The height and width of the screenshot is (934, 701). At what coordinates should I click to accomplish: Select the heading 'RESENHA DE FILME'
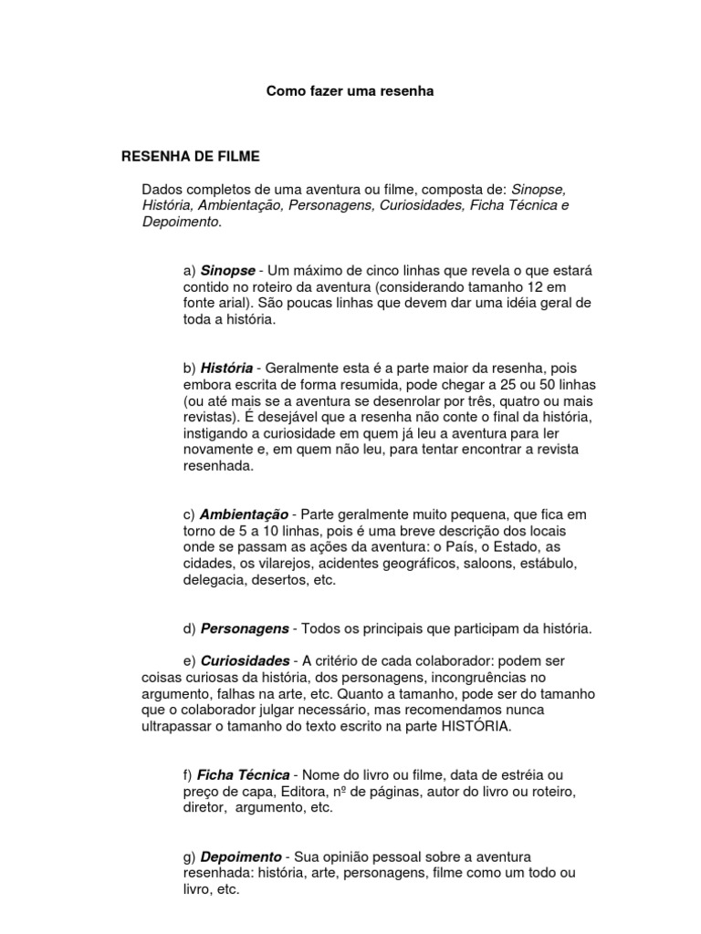point(191,157)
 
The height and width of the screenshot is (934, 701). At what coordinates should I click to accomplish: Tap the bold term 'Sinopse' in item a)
point(227,271)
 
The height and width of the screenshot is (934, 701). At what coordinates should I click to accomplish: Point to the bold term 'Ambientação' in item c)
point(244,514)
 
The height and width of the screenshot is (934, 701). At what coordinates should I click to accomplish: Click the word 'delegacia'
point(212,580)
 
